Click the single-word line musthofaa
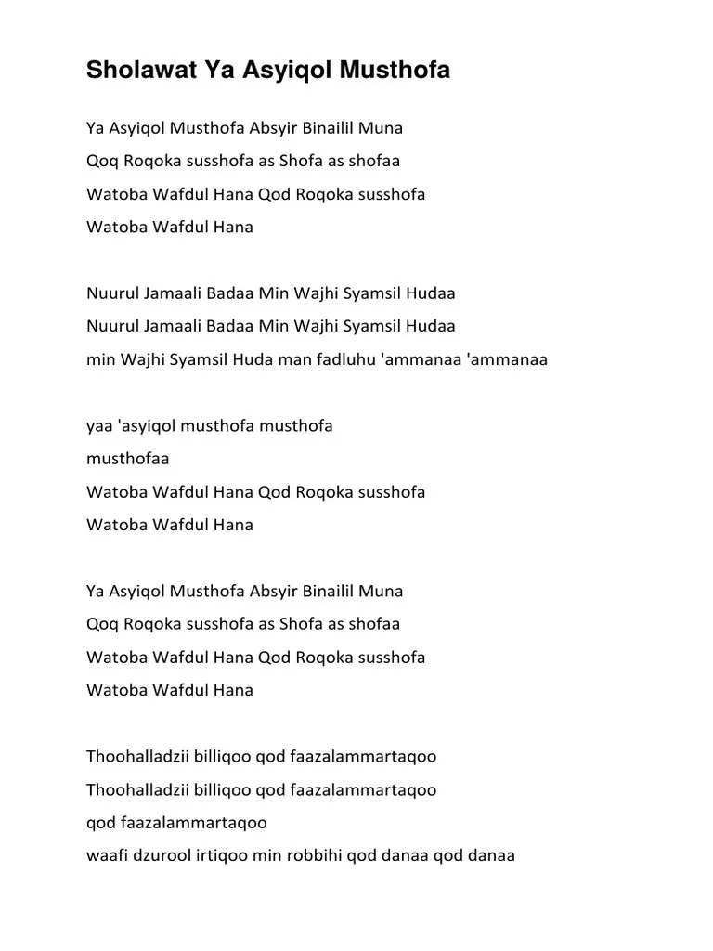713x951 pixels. [x=127, y=459]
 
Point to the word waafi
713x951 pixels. [x=104, y=855]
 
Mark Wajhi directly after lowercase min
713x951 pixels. [x=141, y=360]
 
